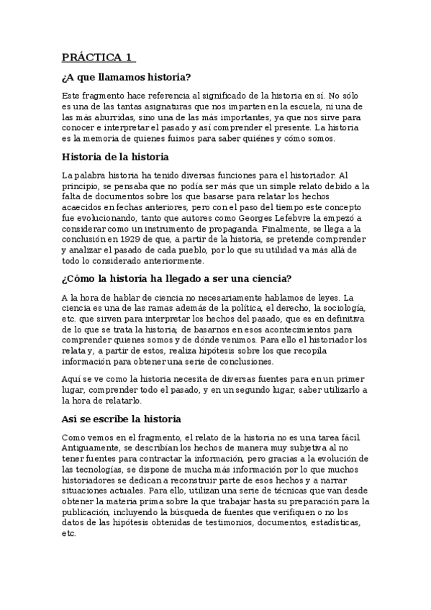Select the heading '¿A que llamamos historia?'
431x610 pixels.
tap(126, 77)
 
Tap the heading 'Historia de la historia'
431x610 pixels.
tap(115, 156)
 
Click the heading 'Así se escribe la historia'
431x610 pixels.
tap(121, 419)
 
